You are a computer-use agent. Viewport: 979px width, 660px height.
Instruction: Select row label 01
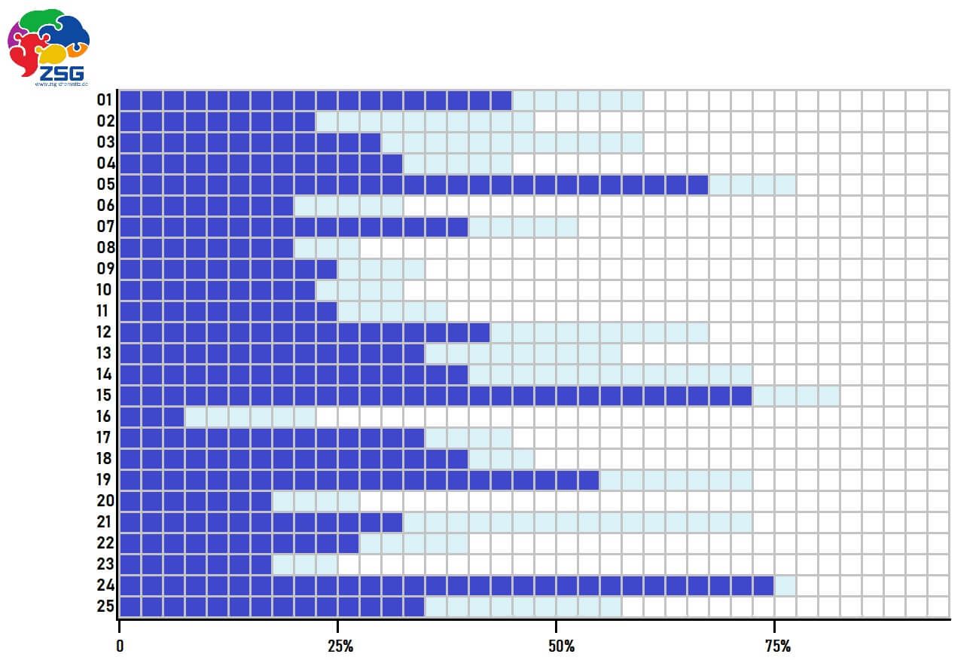click(x=105, y=100)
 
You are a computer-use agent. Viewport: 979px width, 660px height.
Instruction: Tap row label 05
click(x=105, y=185)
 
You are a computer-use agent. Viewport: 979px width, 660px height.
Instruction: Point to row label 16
click(x=105, y=417)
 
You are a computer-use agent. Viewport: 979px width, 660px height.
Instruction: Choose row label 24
click(x=105, y=585)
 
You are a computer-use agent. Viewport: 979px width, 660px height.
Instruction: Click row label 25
click(x=105, y=607)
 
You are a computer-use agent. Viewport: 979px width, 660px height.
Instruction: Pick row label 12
click(x=105, y=332)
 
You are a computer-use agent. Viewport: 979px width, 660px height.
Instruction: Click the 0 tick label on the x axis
click(x=120, y=646)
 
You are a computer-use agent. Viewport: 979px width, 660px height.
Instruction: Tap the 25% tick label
click(x=340, y=646)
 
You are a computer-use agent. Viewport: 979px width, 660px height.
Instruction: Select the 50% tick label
click(x=561, y=646)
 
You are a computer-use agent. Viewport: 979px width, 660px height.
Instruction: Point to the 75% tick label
click(x=778, y=646)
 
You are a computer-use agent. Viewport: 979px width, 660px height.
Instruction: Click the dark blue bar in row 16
click(x=152, y=417)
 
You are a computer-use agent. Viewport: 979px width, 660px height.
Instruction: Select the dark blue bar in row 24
click(x=447, y=585)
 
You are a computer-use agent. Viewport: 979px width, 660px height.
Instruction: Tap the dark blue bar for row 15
click(x=436, y=396)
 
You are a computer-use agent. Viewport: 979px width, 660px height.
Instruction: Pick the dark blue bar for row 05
click(x=414, y=185)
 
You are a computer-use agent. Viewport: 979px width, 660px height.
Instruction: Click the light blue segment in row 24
click(x=785, y=585)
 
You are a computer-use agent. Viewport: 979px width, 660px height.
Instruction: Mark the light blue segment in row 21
click(x=578, y=522)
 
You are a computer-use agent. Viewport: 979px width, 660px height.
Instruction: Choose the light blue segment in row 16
click(x=250, y=417)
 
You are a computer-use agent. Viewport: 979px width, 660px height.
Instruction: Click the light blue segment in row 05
click(x=752, y=185)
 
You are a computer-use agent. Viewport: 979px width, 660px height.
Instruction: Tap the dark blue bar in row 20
click(x=196, y=501)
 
